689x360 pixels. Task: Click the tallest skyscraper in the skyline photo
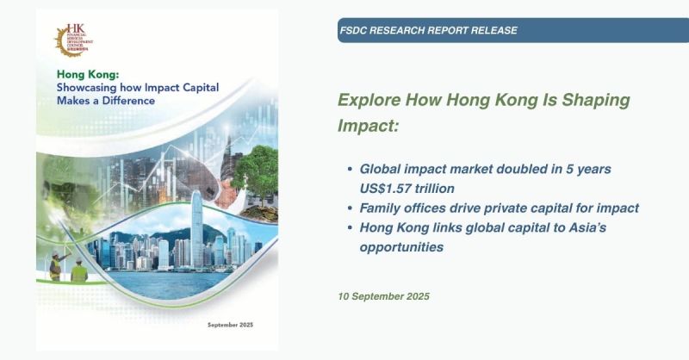[196, 226]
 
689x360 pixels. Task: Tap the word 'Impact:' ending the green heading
[368, 127]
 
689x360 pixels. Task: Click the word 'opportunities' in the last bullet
[402, 247]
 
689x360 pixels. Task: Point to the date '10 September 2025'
[383, 296]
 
